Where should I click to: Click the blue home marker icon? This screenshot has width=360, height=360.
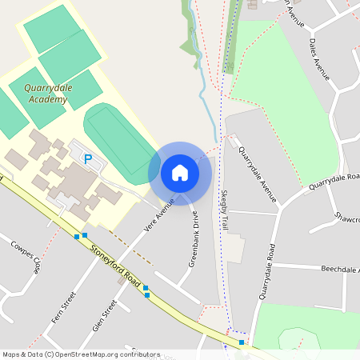(180, 172)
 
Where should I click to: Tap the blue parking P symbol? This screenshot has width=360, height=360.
(88, 159)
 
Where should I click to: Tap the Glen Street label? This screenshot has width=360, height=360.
(106, 315)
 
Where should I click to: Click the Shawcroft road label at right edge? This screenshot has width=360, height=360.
(347, 217)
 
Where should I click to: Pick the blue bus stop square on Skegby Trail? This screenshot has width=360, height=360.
(242, 342)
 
